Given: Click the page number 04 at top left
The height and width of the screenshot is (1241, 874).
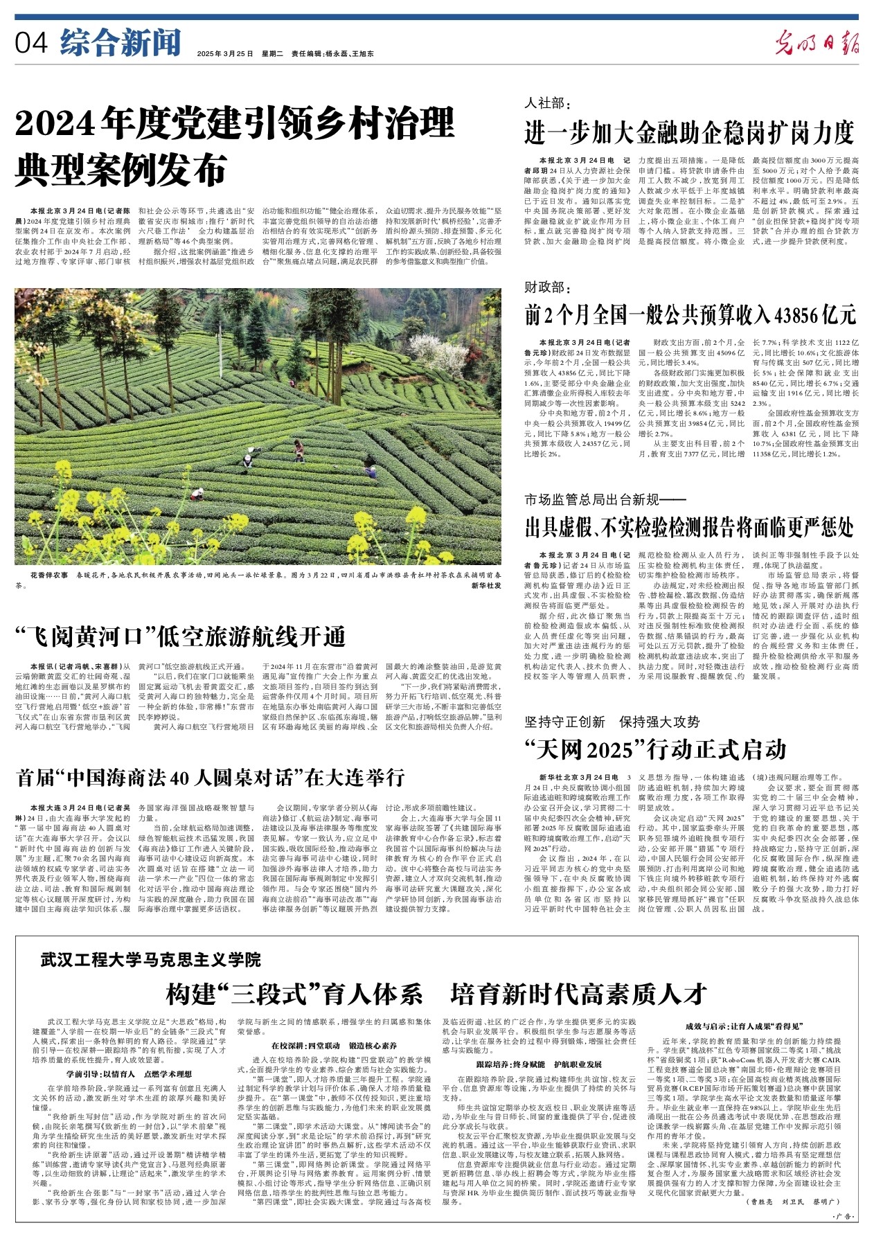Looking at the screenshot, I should (30, 44).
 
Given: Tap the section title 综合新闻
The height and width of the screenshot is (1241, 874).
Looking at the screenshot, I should (120, 44).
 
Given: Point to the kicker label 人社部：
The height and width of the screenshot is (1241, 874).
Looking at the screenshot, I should (546, 103).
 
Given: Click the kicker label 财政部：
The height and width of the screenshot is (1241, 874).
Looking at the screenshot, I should (546, 286).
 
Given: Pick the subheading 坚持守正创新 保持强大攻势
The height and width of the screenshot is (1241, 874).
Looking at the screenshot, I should (612, 722).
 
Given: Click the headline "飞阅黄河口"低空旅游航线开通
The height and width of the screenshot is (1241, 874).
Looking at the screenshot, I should (181, 636).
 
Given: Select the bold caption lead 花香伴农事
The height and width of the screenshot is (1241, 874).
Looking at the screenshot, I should (49, 575).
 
